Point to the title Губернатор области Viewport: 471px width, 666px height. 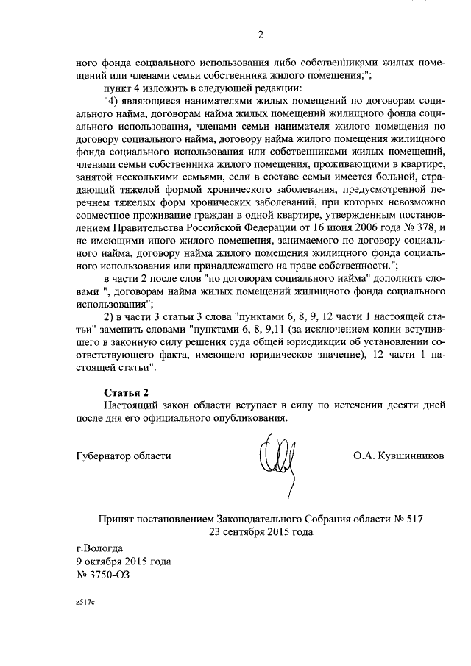pyautogui.click(x=124, y=456)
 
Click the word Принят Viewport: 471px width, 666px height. pyautogui.click(x=118, y=519)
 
